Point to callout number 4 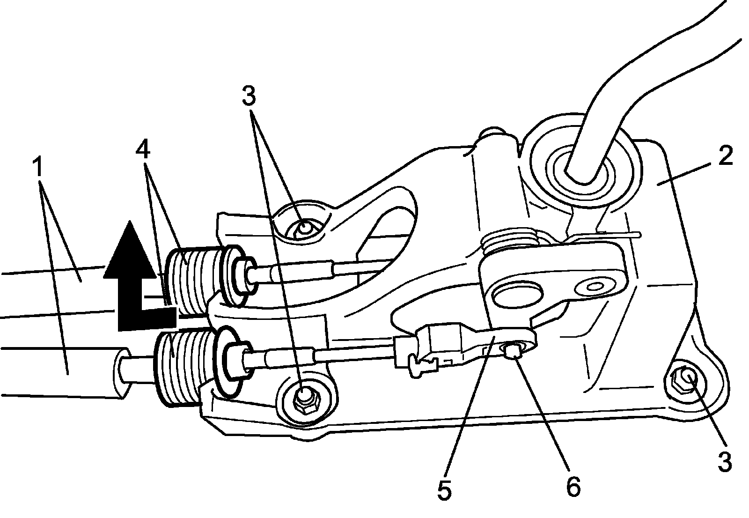coord(143,149)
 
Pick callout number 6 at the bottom coord(573,487)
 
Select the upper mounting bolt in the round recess coord(303,228)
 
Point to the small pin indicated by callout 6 coord(514,349)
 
